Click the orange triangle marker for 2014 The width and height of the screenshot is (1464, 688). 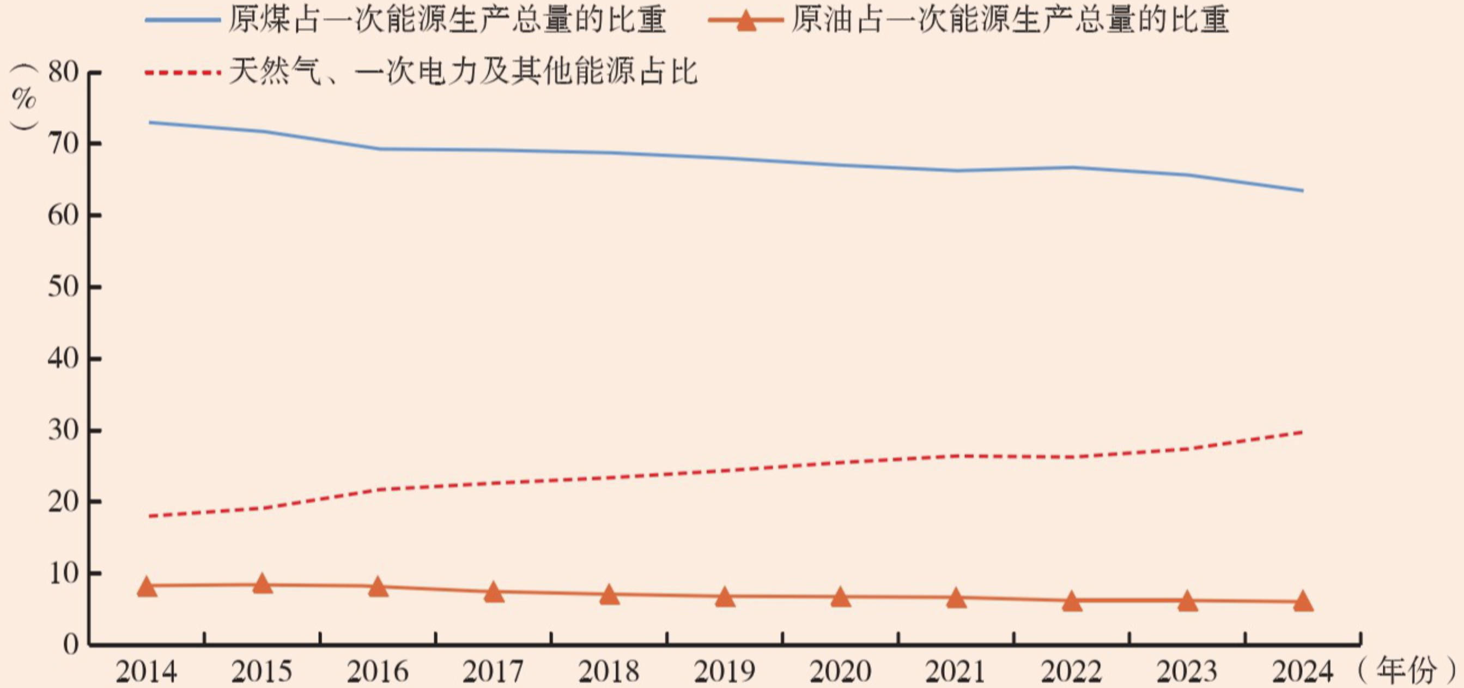click(147, 587)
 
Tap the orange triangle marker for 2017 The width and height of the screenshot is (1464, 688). click(494, 593)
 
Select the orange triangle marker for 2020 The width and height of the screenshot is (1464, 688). click(841, 598)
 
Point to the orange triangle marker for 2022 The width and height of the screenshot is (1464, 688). click(1072, 601)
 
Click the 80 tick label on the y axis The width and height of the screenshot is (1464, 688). click(63, 73)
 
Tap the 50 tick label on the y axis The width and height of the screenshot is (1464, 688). click(63, 287)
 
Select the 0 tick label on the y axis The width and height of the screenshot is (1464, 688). click(71, 645)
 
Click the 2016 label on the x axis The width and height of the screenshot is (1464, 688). click(378, 672)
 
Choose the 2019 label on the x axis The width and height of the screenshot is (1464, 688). click(725, 672)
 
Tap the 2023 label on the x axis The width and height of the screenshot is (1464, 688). click(1187, 672)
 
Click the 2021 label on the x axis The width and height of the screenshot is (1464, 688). click(956, 672)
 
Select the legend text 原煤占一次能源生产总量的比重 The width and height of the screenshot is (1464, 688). click(447, 21)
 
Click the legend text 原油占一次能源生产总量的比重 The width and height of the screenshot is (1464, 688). click(1010, 21)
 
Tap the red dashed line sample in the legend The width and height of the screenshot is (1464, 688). click(183, 73)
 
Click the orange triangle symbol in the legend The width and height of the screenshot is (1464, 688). click(746, 22)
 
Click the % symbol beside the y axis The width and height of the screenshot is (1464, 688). click(24, 99)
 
